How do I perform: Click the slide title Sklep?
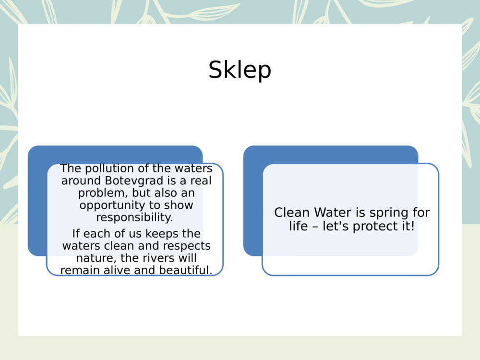pyautogui.click(x=240, y=70)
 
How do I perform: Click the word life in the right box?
pyautogui.click(x=298, y=226)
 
